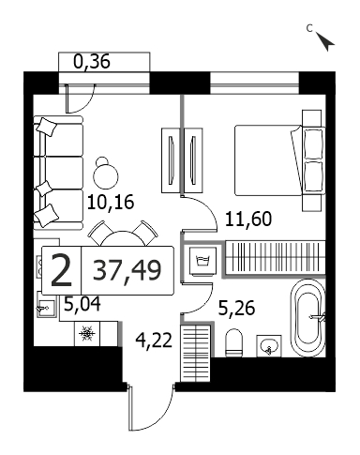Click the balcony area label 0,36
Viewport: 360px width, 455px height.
(x=92, y=62)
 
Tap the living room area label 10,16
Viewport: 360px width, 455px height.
(x=111, y=202)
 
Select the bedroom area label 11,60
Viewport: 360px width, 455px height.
(x=248, y=219)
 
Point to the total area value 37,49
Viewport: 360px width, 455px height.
(x=127, y=271)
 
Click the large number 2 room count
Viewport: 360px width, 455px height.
(x=62, y=270)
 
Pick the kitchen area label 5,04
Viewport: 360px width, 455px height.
(x=82, y=304)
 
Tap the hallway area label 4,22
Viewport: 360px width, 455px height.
(x=154, y=340)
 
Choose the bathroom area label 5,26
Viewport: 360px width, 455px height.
(x=236, y=309)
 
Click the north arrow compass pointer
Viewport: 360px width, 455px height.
(x=325, y=41)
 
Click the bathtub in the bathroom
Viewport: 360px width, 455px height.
(x=307, y=318)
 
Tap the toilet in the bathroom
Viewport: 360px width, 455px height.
(x=234, y=342)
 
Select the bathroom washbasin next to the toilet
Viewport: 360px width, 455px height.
(x=269, y=346)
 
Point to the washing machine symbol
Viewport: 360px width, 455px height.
(x=202, y=262)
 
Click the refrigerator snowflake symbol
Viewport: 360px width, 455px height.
(x=87, y=333)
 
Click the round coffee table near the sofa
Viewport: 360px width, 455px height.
(x=105, y=173)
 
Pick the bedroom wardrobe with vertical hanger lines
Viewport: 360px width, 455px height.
(x=275, y=259)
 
